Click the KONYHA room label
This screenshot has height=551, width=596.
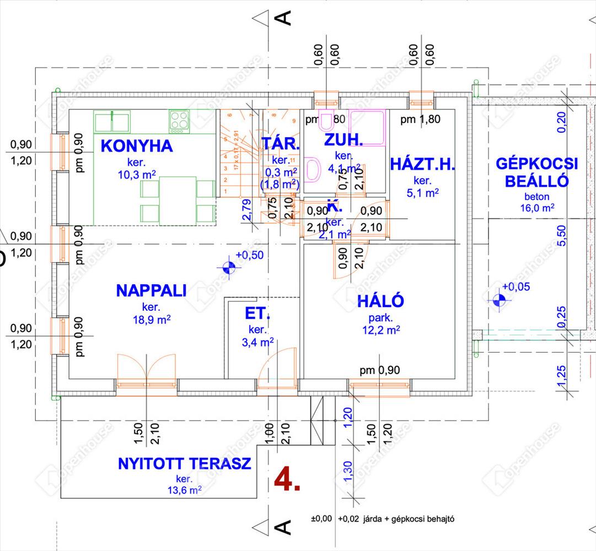pyautogui.click(x=137, y=147)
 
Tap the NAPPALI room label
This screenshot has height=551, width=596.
pyautogui.click(x=151, y=290)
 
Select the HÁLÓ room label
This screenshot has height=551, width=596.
pyautogui.click(x=380, y=301)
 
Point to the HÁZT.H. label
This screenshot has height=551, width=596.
pyautogui.click(x=422, y=164)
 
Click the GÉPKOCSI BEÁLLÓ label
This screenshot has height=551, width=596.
pyautogui.click(x=536, y=172)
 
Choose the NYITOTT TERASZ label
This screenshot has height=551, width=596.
pyautogui.click(x=185, y=463)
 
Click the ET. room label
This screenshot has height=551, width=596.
pyautogui.click(x=257, y=315)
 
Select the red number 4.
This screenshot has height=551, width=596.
pyautogui.click(x=287, y=480)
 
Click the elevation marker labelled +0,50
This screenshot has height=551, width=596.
pyautogui.click(x=229, y=268)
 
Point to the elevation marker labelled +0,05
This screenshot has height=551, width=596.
pyautogui.click(x=500, y=300)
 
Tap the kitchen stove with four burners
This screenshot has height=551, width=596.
pyautogui.click(x=179, y=121)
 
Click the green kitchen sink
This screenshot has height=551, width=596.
pyautogui.click(x=112, y=121)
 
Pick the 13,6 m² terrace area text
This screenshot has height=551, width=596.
pyautogui.click(x=185, y=489)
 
